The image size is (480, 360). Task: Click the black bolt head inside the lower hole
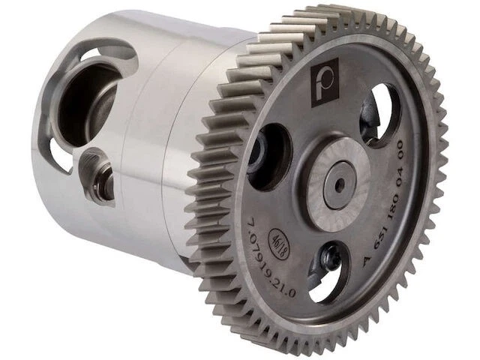(x=329, y=259)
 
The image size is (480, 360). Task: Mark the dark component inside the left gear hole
(x=258, y=153)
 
